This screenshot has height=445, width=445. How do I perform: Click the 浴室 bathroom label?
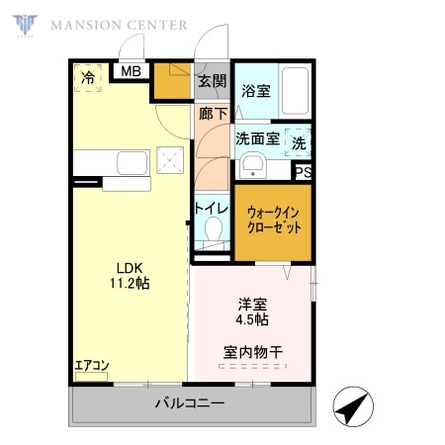click(256, 91)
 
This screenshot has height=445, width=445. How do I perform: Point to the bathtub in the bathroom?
click(294, 92)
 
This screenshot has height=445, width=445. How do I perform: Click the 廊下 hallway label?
click(211, 114)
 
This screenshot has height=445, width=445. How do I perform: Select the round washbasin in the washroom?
click(253, 164)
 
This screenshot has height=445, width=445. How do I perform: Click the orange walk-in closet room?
click(274, 220)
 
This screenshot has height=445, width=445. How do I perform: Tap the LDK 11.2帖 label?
click(129, 275)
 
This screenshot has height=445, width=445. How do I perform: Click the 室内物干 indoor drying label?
click(253, 351)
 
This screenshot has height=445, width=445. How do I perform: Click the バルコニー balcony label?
click(189, 403)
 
